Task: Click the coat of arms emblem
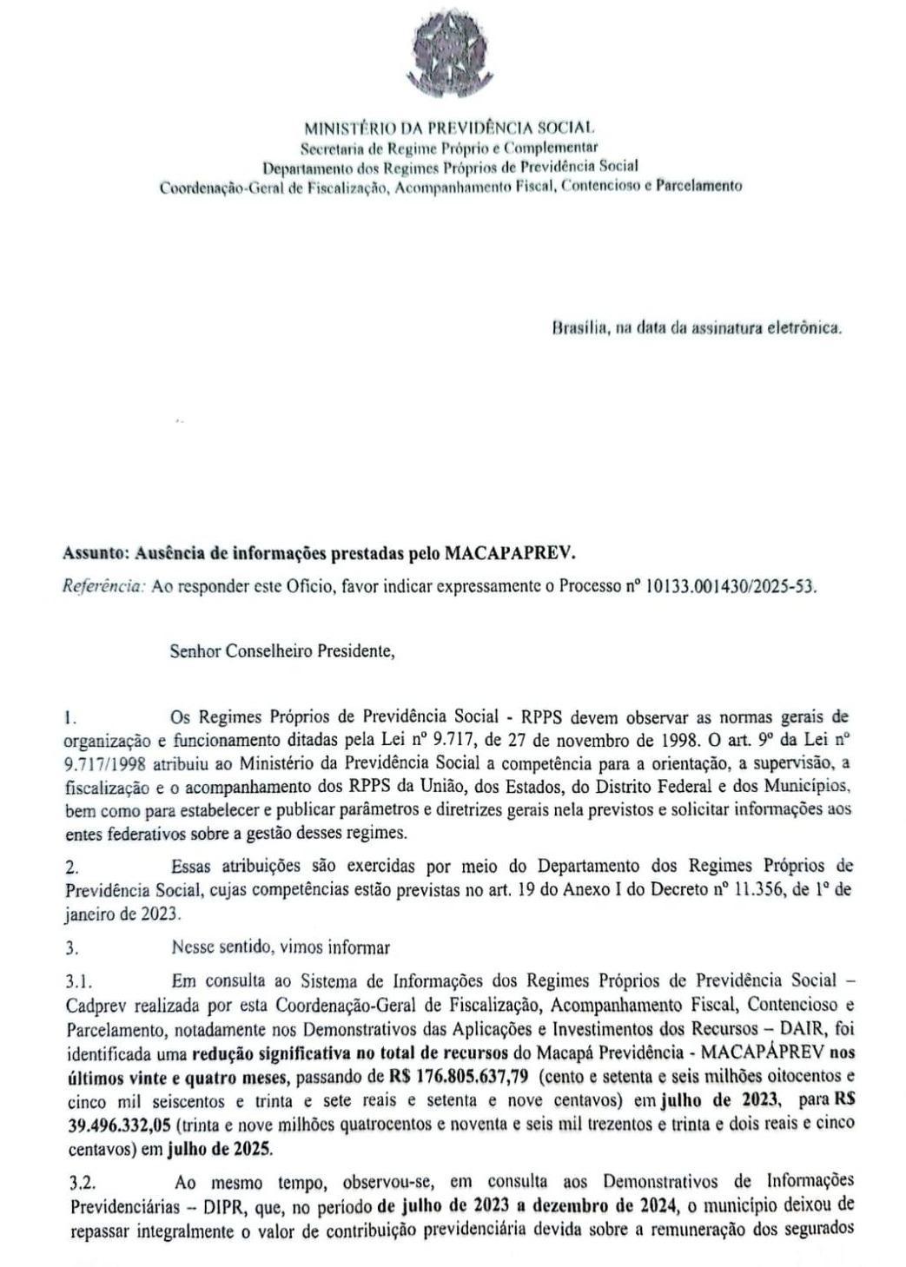click(452, 45)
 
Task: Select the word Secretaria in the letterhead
click(331, 148)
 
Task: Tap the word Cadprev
click(93, 1006)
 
